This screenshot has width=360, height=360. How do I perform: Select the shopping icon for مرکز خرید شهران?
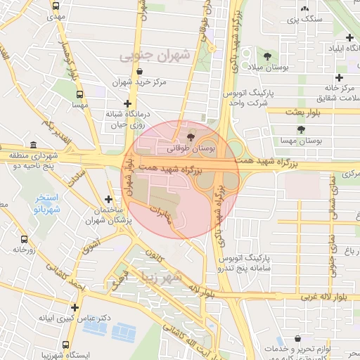[x=141, y=72]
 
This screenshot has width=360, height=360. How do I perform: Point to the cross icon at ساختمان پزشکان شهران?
[x=108, y=200]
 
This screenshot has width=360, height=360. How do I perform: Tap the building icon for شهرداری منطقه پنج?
[x=34, y=145]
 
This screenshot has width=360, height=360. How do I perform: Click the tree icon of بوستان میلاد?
[x=267, y=56]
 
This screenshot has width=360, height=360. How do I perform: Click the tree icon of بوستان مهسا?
[x=301, y=130]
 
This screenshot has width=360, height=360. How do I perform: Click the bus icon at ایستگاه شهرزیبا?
[x=65, y=345]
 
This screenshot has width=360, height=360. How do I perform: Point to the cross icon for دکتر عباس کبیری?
[x=75, y=307]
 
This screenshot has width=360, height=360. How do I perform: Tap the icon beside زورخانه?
[x=15, y=249]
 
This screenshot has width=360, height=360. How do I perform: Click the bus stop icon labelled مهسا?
[x=79, y=94]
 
